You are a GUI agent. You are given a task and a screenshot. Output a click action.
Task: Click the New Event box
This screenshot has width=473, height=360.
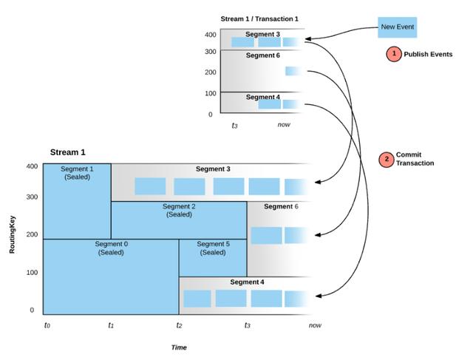[x=398, y=27]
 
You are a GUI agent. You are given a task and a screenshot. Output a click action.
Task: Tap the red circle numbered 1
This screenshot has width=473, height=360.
[x=394, y=54]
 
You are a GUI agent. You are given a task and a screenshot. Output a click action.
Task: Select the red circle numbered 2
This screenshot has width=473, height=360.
[x=387, y=160]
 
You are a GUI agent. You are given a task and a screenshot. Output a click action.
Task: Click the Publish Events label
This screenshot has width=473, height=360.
[x=428, y=54]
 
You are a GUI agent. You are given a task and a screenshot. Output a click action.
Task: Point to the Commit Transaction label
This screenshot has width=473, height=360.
[x=415, y=159]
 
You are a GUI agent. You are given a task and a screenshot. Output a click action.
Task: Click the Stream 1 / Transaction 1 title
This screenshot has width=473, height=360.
[x=259, y=18]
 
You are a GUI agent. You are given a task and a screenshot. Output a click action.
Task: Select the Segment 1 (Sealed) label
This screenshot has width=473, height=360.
[x=77, y=173]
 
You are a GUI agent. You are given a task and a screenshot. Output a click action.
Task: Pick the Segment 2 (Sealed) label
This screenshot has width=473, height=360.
[x=179, y=211]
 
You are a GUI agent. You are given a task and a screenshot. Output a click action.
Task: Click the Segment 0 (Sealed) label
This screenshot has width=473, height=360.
[x=111, y=248]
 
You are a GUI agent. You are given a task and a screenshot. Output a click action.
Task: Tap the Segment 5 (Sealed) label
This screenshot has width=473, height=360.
[x=213, y=248]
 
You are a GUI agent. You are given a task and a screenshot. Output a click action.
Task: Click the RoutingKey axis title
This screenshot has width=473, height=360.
[x=12, y=235]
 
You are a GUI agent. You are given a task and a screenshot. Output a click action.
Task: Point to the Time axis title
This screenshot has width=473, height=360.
[x=179, y=347]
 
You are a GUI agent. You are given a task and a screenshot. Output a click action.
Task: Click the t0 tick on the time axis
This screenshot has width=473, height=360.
[x=47, y=325]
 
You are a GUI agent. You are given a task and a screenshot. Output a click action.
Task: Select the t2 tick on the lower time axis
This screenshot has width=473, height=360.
[x=179, y=325]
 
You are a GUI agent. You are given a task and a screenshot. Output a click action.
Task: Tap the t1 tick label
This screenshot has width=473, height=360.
[x=111, y=325]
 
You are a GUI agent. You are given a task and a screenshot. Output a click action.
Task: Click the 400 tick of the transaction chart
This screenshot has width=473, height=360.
[x=210, y=35]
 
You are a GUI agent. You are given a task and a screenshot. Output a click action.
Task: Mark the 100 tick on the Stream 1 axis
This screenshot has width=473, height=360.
[x=32, y=273]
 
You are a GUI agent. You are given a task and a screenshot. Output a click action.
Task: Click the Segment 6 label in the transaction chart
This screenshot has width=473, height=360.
[x=263, y=55]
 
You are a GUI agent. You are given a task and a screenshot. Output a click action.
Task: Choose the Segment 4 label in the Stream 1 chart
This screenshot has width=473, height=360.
[x=247, y=282]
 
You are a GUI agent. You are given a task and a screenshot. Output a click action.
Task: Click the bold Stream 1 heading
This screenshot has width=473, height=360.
[x=67, y=152]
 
